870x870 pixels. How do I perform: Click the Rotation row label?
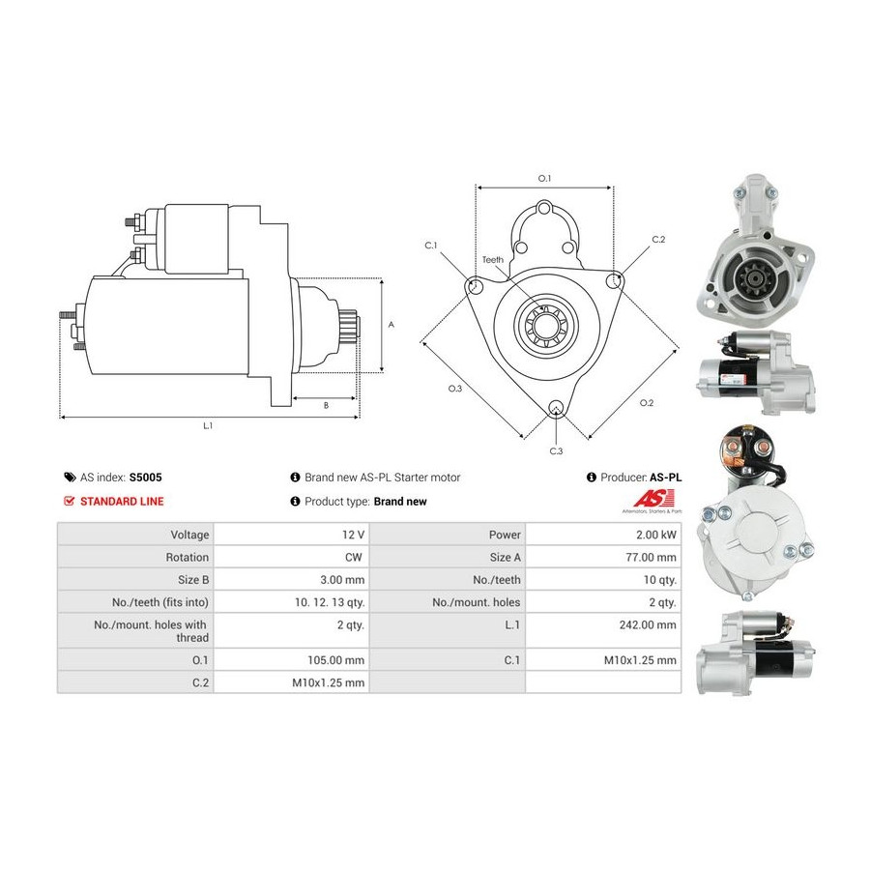point(187,557)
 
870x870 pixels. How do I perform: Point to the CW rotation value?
point(354,557)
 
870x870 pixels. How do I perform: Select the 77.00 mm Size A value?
point(652,557)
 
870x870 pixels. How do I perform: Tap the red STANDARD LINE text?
point(122,502)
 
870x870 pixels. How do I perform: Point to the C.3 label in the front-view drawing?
point(556,451)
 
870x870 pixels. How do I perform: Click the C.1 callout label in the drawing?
point(431,246)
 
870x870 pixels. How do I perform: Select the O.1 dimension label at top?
point(544,178)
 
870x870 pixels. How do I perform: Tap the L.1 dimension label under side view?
point(208,425)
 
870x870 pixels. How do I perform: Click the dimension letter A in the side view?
point(391,326)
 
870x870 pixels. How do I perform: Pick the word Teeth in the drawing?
point(492,260)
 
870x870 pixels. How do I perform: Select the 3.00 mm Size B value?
point(344,580)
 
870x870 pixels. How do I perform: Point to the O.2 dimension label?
point(647,402)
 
